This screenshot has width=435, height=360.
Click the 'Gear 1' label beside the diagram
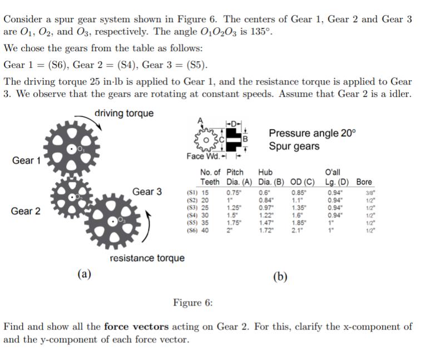27,161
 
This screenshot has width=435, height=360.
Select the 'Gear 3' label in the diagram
147,192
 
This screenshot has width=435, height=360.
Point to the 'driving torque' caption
123,114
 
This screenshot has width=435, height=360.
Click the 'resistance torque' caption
147,258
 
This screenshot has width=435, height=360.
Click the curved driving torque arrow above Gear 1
98,125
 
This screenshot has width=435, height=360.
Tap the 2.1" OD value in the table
299,232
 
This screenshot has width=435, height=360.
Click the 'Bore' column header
364,182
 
